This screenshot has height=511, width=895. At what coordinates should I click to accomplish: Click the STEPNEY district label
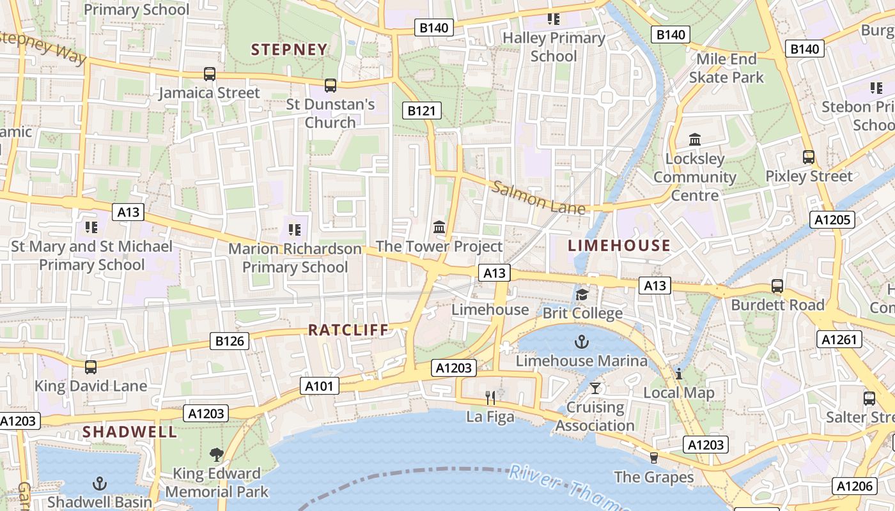(289, 50)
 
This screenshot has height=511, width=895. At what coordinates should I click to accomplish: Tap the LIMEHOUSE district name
(619, 245)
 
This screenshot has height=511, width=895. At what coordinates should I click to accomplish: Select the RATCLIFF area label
(348, 330)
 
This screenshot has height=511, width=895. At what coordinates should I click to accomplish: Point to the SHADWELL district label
(130, 432)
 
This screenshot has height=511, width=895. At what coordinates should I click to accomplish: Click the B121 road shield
(422, 111)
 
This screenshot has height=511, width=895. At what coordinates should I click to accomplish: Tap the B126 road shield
(230, 341)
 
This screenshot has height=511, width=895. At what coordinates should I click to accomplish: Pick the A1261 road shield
(839, 340)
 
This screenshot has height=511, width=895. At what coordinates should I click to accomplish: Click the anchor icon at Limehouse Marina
(581, 342)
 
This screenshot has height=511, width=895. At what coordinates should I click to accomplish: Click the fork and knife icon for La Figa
(490, 398)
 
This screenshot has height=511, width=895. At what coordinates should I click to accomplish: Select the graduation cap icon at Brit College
(582, 294)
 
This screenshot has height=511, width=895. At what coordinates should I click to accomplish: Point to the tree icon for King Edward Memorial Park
(217, 455)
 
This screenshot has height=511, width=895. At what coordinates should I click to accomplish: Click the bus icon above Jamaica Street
(210, 74)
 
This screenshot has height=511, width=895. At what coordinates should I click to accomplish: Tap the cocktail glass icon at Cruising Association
(596, 388)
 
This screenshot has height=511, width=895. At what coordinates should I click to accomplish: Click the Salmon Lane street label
(538, 198)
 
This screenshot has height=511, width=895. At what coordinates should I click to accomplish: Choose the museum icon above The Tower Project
(439, 227)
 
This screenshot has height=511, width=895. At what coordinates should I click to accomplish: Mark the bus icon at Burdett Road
(777, 286)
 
